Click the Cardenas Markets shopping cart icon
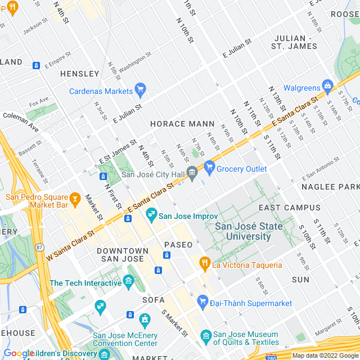pyautogui.click(x=140, y=90)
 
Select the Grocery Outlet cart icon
pyautogui.click(x=210, y=167)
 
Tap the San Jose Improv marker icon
pyautogui.click(x=151, y=214)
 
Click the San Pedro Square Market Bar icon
pyautogui.click(x=74, y=198)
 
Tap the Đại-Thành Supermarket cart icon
pyautogui.click(x=202, y=303)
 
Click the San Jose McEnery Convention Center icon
pyautogui.click(x=145, y=321)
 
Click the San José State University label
pyautogui.click(x=243, y=231)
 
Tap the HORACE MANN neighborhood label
pyautogui.click(x=182, y=123)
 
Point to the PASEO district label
pyautogui.click(x=178, y=245)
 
